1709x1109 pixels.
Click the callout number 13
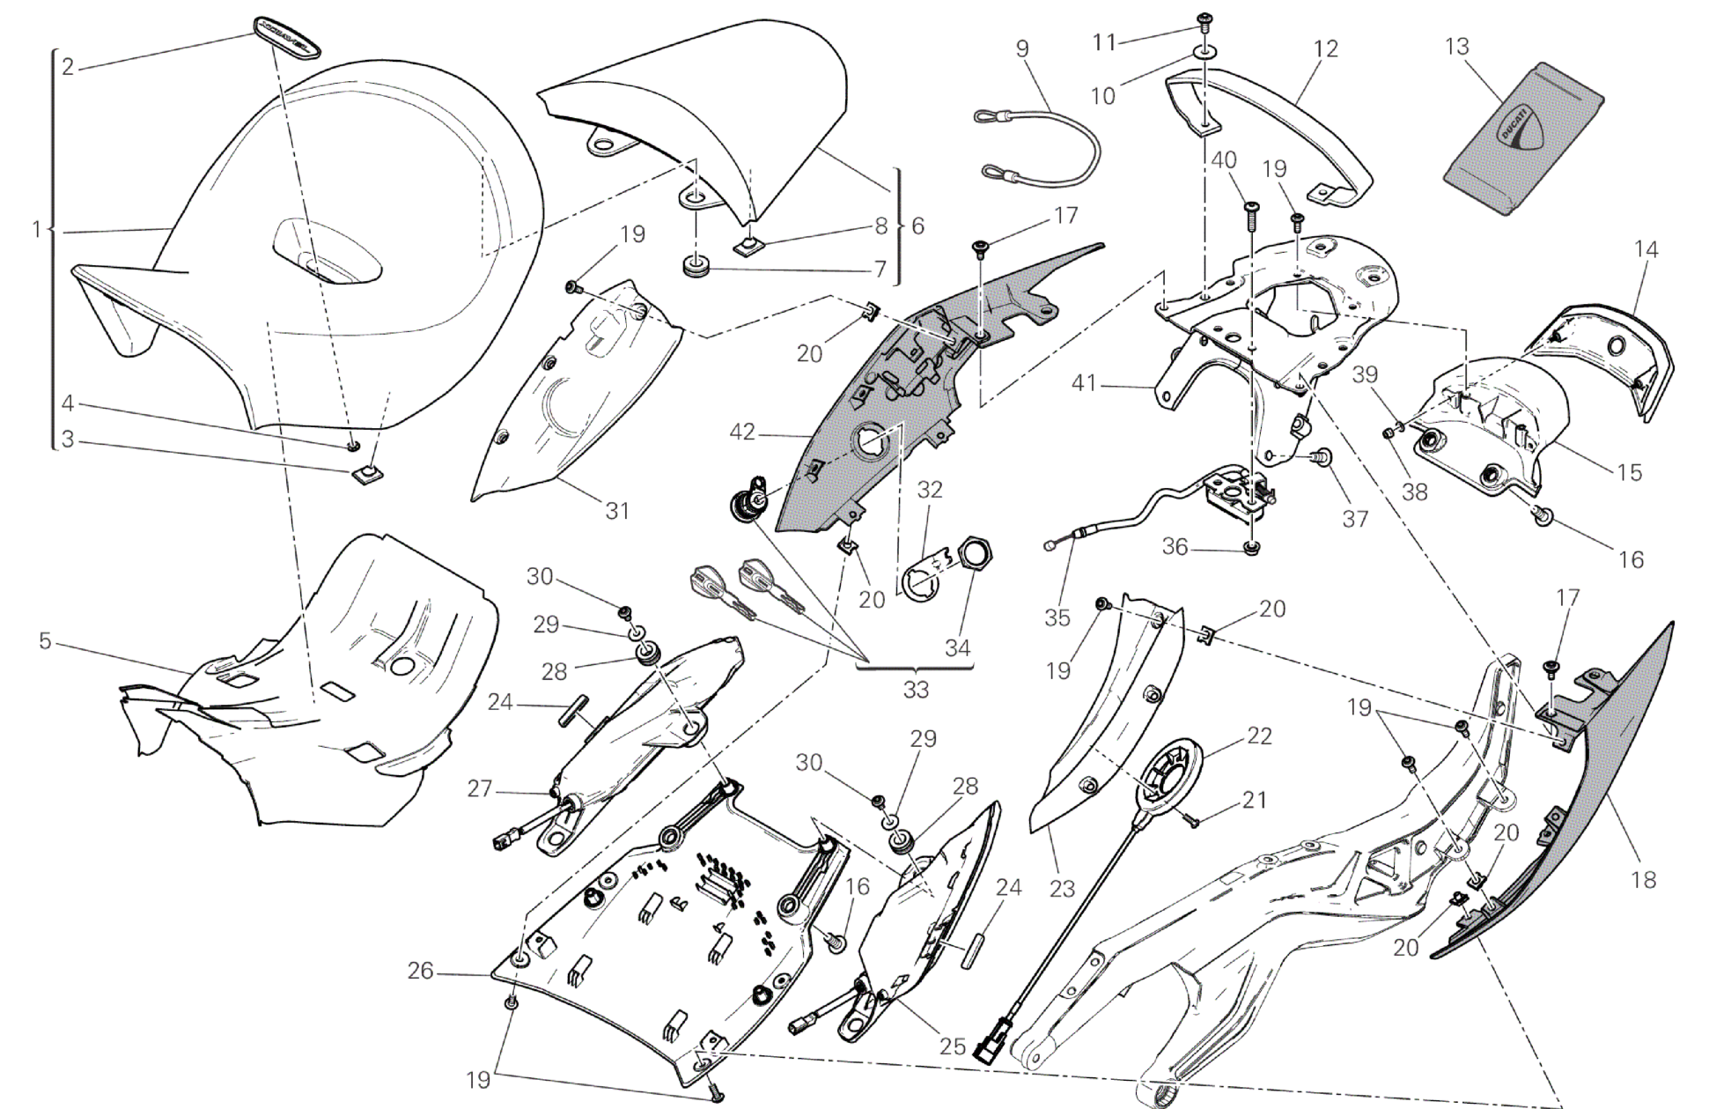click(x=1457, y=46)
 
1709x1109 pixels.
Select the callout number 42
click(x=742, y=433)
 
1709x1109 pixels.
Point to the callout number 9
click(x=1021, y=48)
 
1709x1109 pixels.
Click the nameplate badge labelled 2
click(x=284, y=36)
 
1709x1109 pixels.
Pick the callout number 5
click(x=45, y=641)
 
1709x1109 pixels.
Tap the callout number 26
click(x=420, y=971)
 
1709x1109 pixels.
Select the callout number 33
click(x=916, y=690)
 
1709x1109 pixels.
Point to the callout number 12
click(x=1325, y=49)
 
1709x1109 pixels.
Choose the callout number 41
click(x=1084, y=383)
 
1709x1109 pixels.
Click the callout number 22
click(x=1259, y=736)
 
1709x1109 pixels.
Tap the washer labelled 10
click(x=1203, y=55)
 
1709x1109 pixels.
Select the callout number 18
click(x=1643, y=879)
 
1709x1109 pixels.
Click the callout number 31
click(x=617, y=510)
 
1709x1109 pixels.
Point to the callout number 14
click(x=1646, y=249)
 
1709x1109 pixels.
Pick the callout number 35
click(x=1057, y=617)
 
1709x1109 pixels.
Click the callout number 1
click(x=36, y=230)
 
